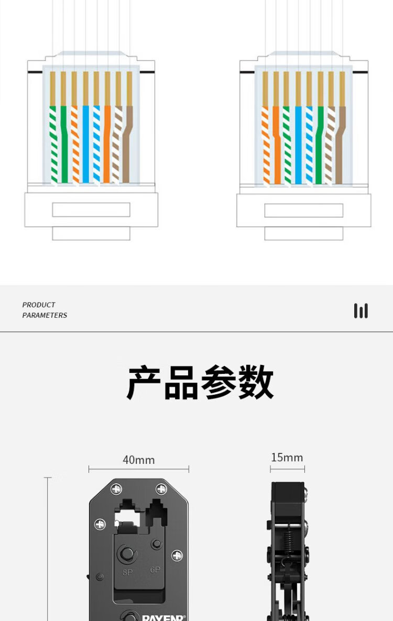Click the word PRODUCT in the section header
(x=38, y=305)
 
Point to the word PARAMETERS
(x=45, y=315)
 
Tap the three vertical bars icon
(x=361, y=310)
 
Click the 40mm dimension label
(x=138, y=460)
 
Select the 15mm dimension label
(x=287, y=458)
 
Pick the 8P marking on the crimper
(x=127, y=572)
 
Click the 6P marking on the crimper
(x=155, y=569)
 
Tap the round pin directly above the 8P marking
(x=126, y=553)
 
